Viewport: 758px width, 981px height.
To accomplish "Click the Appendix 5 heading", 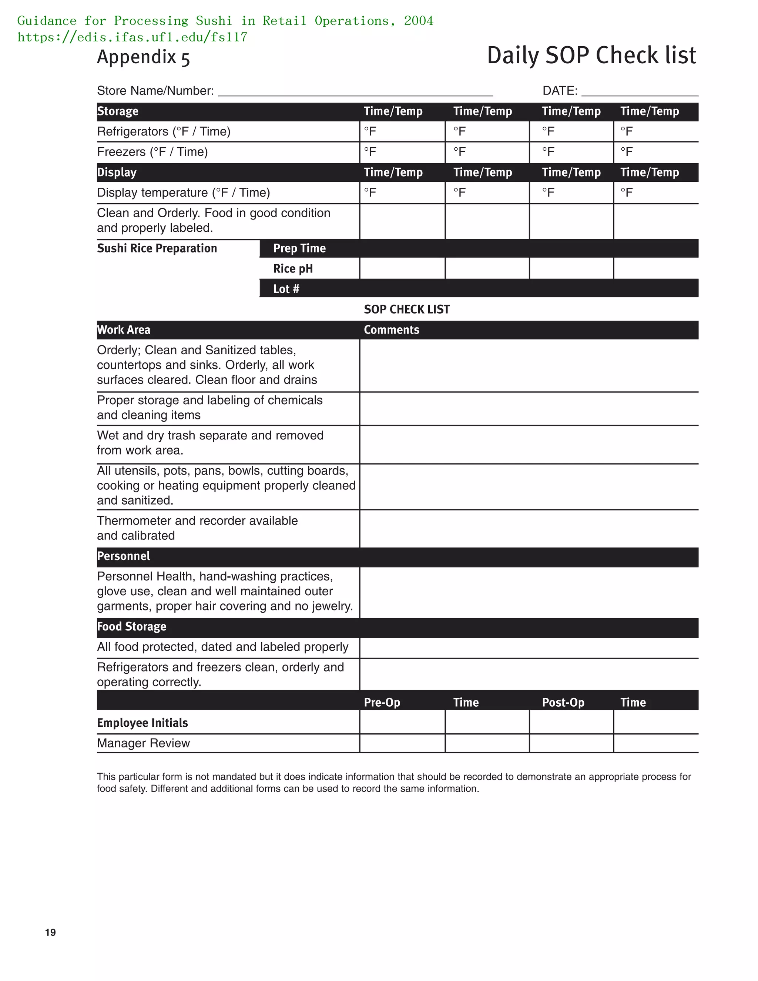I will [143, 57].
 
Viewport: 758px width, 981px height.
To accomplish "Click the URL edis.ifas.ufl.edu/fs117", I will [133, 37].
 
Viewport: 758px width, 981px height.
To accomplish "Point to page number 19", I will [50, 933].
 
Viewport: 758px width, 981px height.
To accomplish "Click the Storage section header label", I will [118, 111].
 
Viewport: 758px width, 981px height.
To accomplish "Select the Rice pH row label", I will [293, 269].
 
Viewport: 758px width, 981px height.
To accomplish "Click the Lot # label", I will [286, 289].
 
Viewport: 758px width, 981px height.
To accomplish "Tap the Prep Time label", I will [299, 248].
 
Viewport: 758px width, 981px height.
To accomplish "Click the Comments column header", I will [391, 330].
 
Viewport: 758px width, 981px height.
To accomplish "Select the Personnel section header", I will [124, 556].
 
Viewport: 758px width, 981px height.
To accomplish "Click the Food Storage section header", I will [131, 627].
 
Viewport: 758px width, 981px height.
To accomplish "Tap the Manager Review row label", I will [143, 743].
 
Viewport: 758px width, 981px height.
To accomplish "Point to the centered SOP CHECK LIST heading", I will [406, 309].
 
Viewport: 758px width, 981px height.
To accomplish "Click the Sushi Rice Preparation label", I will [157, 248].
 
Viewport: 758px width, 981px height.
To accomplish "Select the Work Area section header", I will [124, 330].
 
